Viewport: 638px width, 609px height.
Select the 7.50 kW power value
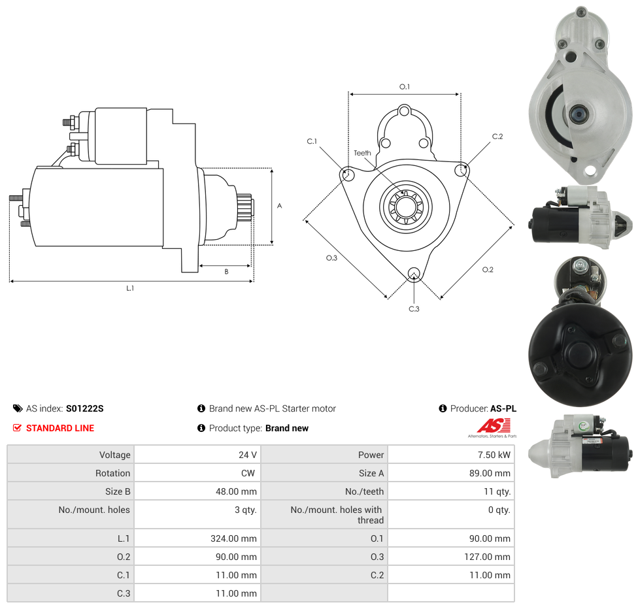pos(495,455)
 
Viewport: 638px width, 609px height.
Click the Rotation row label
pos(113,473)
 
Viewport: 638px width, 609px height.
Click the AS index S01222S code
pos(84,408)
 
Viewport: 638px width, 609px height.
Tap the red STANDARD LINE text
pos(59,428)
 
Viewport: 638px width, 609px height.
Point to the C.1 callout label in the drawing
pos(312,141)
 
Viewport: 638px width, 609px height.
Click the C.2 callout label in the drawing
pos(497,137)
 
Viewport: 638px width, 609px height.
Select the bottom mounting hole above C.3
pos(413,273)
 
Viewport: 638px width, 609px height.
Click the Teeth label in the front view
pos(362,153)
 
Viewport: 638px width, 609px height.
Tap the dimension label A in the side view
pos(280,206)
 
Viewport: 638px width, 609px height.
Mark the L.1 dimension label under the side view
pos(130,288)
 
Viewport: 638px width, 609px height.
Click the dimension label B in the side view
pos(226,271)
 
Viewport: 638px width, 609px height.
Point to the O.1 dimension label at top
pos(405,87)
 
